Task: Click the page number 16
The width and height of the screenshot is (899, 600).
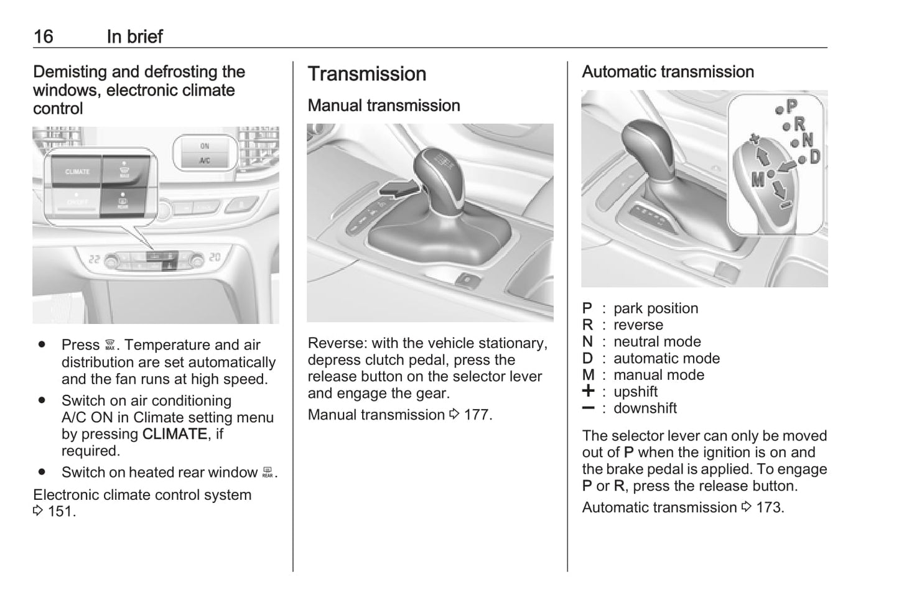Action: tap(43, 37)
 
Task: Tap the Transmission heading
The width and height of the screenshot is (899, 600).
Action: tap(366, 74)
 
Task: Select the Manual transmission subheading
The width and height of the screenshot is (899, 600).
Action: tap(383, 106)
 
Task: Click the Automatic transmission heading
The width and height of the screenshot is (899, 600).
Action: tap(668, 72)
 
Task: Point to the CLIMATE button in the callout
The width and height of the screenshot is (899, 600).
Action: tap(77, 172)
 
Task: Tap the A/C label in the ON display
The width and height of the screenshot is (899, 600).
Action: tap(205, 160)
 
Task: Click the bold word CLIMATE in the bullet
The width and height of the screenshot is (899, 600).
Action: tap(174, 434)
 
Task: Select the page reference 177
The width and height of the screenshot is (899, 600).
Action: tap(477, 415)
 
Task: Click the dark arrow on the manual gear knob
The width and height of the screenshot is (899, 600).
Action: tap(396, 188)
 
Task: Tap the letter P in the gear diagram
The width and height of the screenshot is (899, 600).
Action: tap(791, 106)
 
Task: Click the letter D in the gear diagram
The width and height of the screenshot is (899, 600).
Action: tap(814, 157)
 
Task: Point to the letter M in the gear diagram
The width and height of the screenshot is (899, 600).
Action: tap(757, 180)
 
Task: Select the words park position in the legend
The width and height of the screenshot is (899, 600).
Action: tap(655, 308)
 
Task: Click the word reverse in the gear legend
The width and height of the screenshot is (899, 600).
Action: tap(638, 325)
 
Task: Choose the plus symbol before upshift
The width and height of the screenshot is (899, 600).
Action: tap(588, 391)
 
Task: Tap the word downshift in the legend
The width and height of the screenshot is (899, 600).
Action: tap(645, 408)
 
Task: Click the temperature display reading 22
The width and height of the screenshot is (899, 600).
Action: tap(94, 259)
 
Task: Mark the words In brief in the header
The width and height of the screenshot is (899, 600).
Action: tap(134, 37)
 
